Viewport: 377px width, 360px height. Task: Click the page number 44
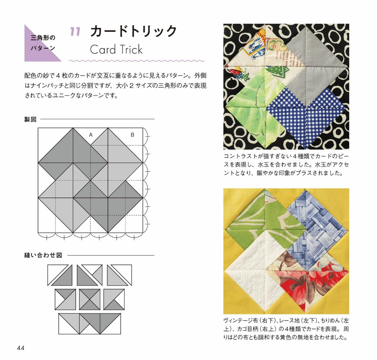[x=21, y=348]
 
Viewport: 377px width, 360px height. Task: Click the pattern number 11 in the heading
[x=75, y=32]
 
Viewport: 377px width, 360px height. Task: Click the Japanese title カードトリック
[x=134, y=31]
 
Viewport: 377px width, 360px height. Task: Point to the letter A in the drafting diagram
[x=91, y=135]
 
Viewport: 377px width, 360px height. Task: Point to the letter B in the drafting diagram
[x=132, y=135]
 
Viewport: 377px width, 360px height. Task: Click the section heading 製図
[x=30, y=119]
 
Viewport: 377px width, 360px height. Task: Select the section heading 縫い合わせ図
[x=43, y=255]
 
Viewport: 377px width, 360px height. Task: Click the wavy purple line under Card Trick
[x=137, y=61]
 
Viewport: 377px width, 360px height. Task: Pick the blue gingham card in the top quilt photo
[x=305, y=118]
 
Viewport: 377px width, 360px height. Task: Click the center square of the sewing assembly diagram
[x=90, y=299]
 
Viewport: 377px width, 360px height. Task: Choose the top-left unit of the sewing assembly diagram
[x=60, y=275]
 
